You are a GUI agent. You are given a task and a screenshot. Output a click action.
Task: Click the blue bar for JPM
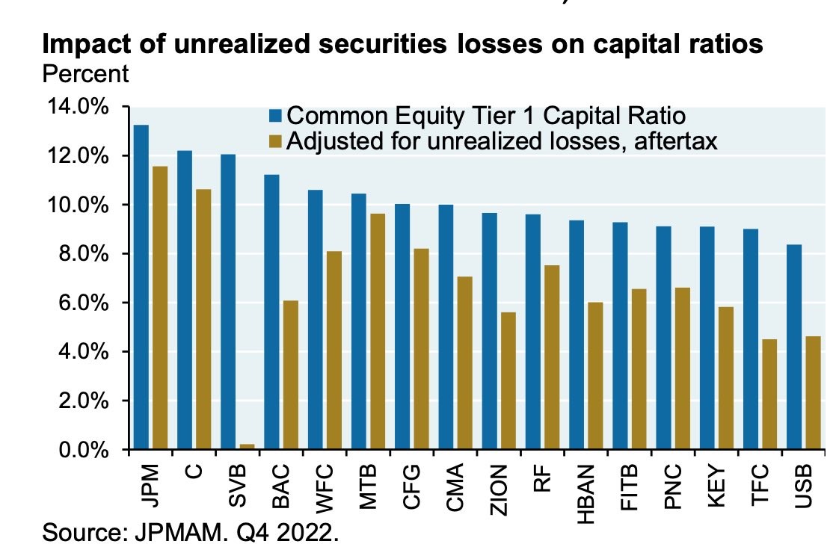point(141,288)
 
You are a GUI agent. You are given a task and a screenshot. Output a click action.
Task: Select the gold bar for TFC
point(769,395)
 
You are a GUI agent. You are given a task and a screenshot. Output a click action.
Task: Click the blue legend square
point(276,116)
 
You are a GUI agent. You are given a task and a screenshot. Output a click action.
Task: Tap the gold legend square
point(276,140)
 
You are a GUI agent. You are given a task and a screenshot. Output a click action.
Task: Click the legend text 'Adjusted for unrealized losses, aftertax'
point(502,140)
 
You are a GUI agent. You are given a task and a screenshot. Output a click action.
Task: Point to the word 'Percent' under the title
point(86,74)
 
